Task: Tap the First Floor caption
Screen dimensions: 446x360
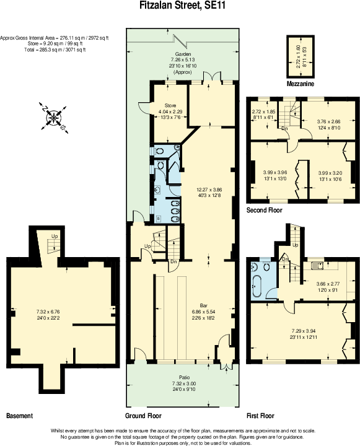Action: (x=260, y=415)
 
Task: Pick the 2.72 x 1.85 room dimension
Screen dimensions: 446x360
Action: (x=263, y=111)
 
